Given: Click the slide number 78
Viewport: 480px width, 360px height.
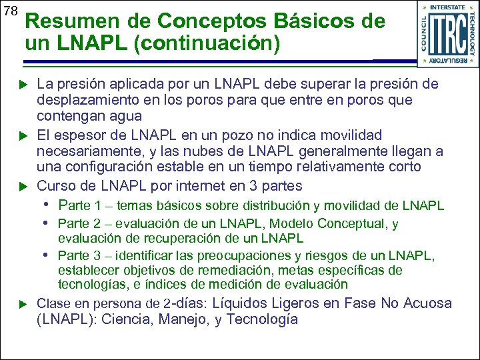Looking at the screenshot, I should coord(10,11).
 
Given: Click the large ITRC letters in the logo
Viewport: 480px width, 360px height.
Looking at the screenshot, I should coord(447,33).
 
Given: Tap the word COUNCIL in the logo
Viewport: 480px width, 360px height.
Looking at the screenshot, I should coord(425,33).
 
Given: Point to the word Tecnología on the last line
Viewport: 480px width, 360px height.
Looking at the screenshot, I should coord(262,319).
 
